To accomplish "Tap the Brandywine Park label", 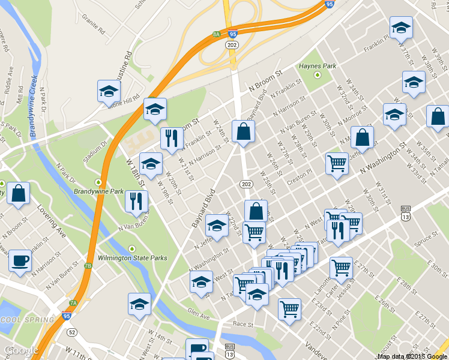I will (x=98, y=191).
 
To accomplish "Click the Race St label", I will (x=243, y=323).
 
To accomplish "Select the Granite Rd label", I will (x=94, y=28).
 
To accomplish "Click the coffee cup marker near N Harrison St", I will (x=20, y=260).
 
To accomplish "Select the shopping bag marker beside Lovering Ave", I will (x=19, y=193).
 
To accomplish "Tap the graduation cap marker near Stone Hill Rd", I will (x=109, y=91).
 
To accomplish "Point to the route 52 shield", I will (x=72, y=332).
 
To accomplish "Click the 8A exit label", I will (x=217, y=34).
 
